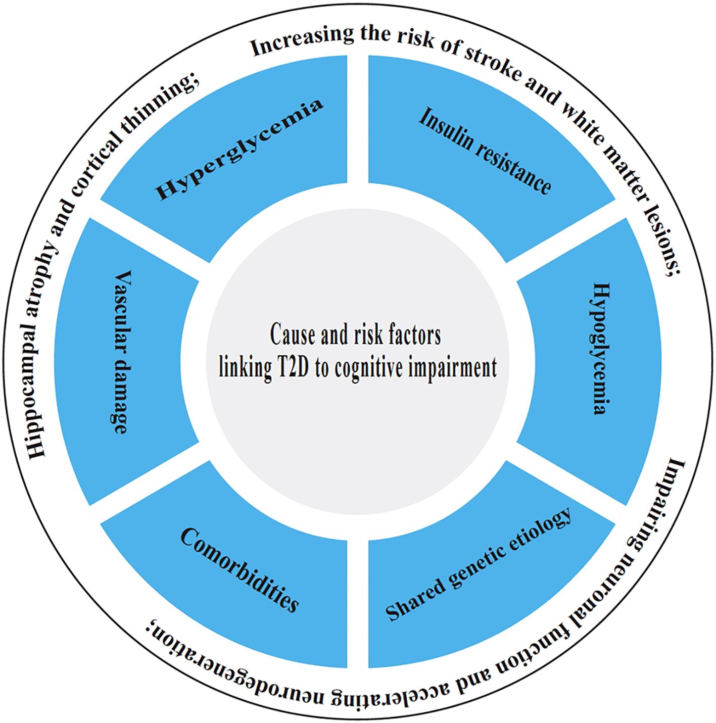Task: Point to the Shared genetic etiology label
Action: coord(479,563)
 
